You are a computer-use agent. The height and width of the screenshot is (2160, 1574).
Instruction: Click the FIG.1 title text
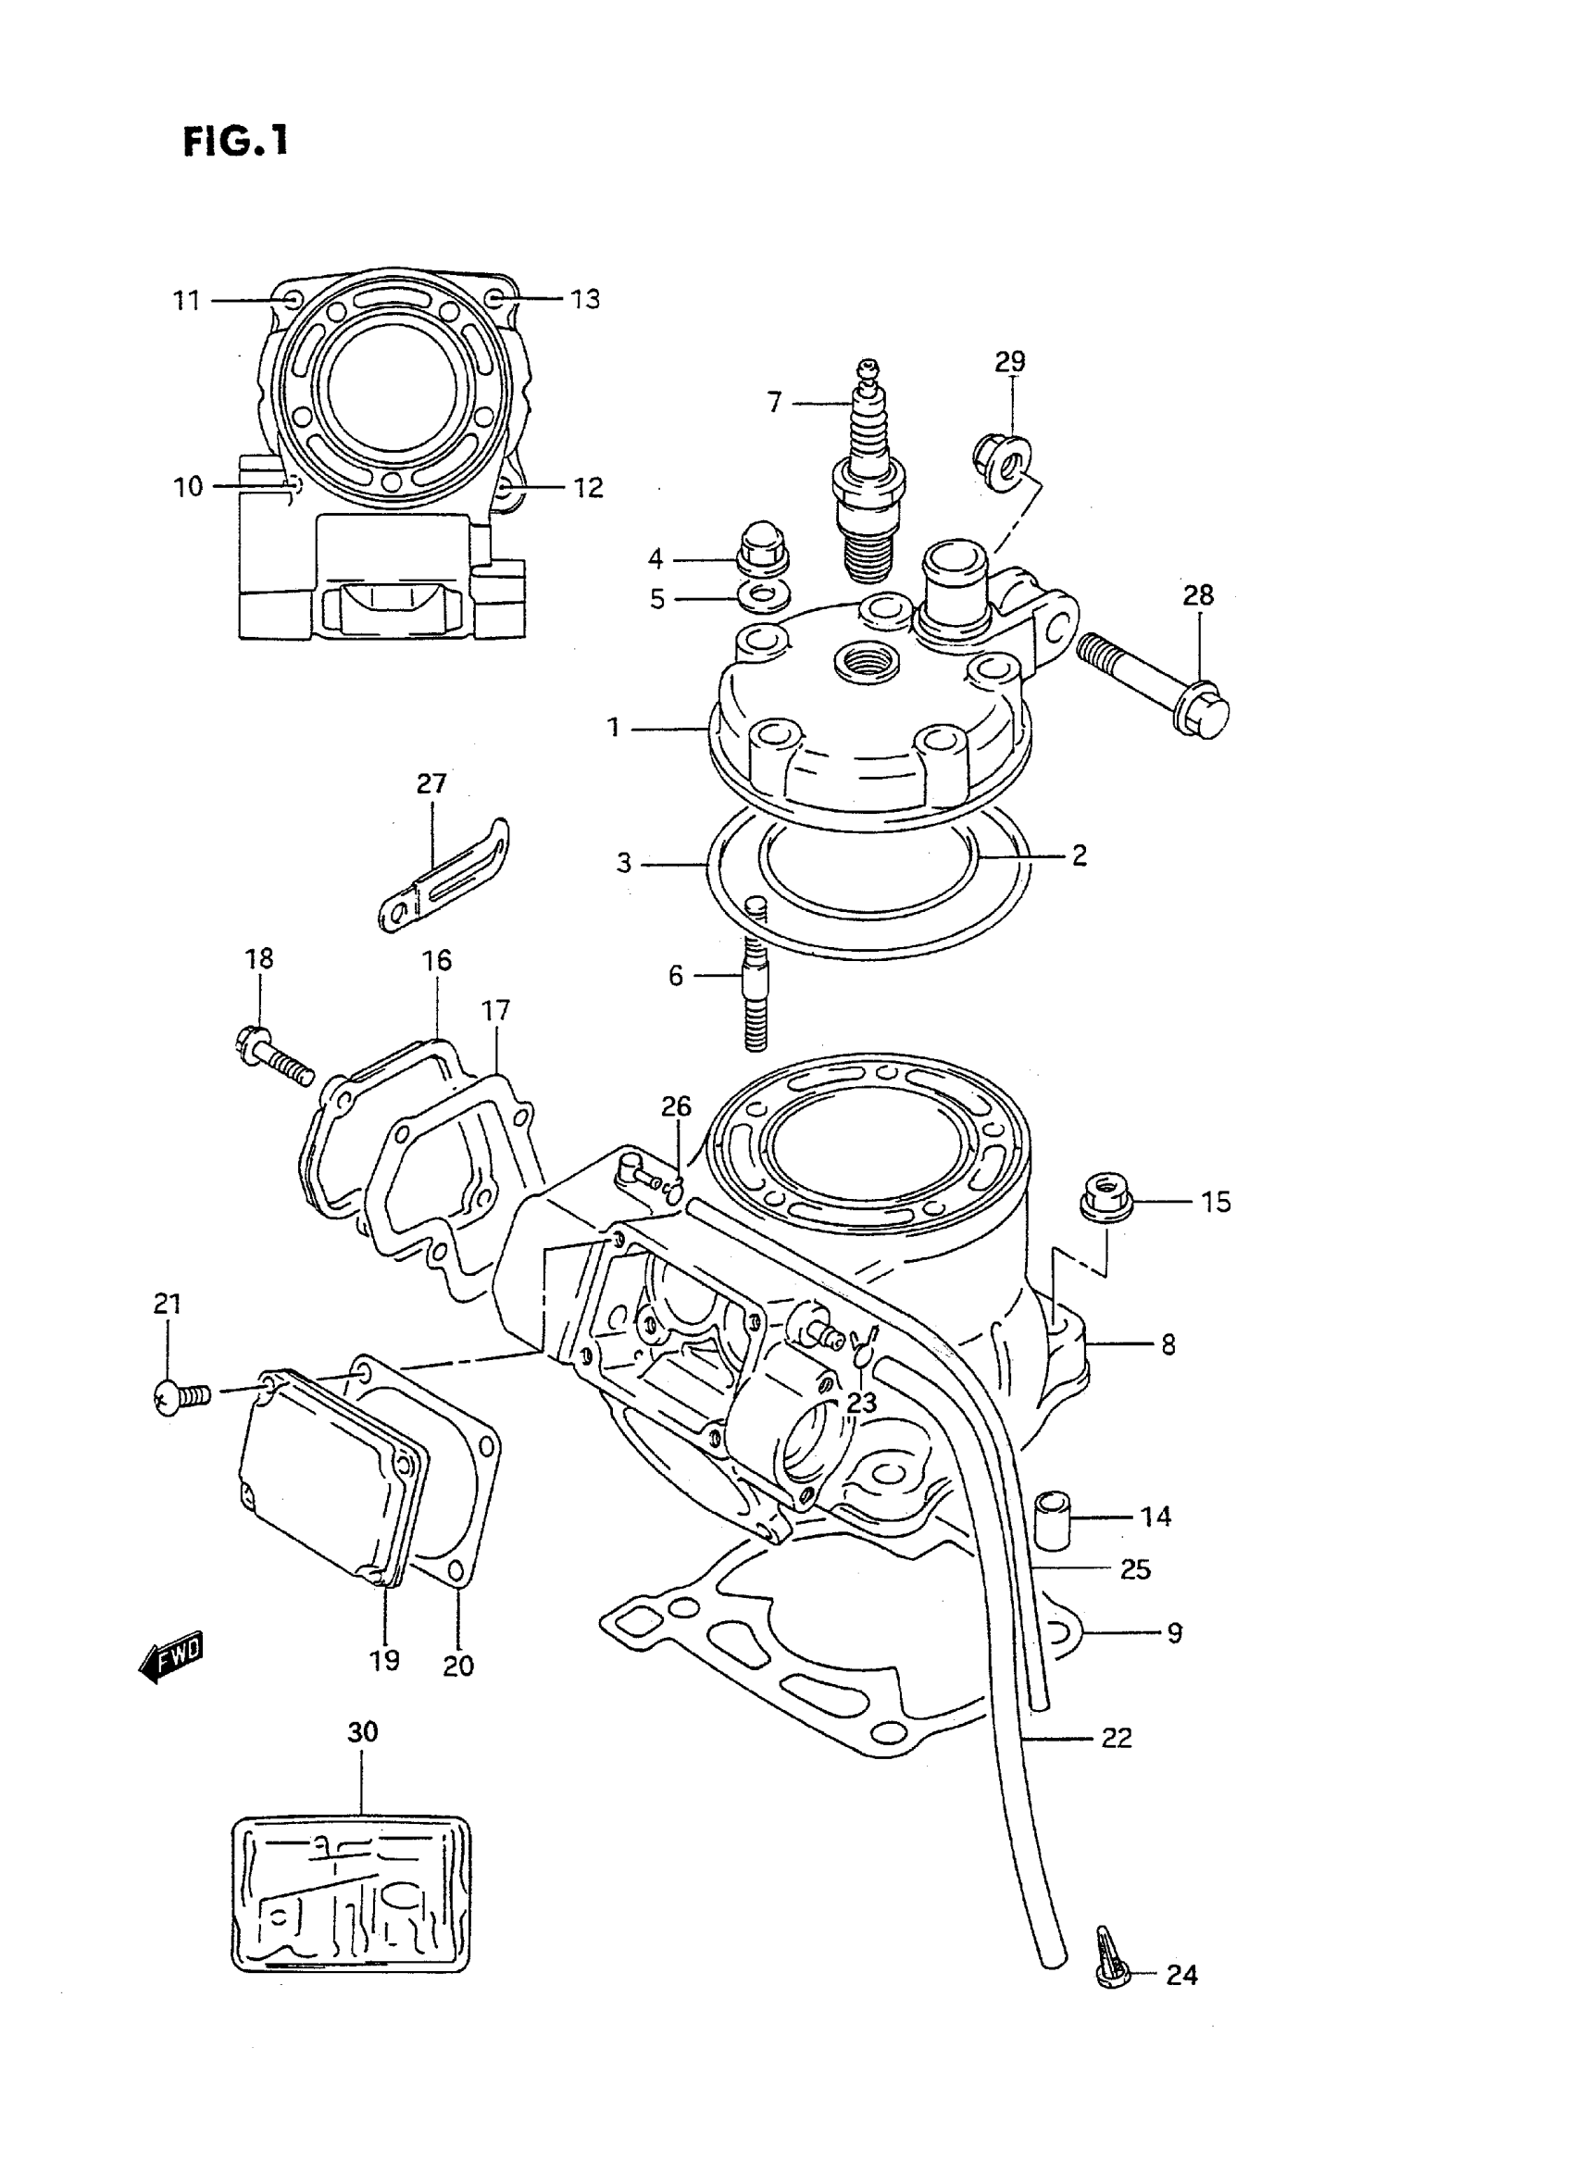pos(234,142)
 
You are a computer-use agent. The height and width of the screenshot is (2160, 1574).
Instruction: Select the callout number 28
pos(1198,595)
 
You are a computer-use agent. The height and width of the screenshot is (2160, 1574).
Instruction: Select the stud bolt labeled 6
pos(754,986)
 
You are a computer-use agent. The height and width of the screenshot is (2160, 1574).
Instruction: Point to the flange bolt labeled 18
pos(270,1054)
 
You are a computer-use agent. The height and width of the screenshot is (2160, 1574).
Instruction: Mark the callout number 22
pos(1116,1738)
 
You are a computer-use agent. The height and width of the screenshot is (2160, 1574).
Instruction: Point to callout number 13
pos(585,299)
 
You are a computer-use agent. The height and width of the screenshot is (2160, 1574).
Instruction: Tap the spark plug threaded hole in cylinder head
pos(865,659)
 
